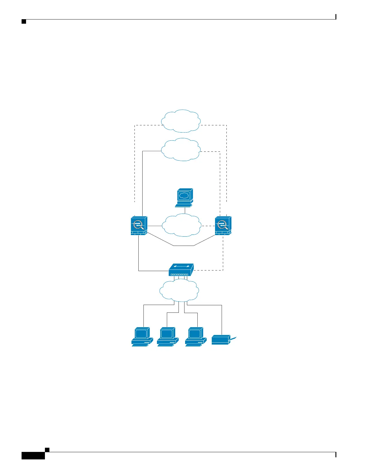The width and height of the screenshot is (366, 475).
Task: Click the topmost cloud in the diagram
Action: pos(181,121)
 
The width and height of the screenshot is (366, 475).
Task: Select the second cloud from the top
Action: pos(181,149)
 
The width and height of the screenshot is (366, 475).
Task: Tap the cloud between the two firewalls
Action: pos(181,225)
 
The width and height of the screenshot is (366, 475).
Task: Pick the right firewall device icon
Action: pos(223,226)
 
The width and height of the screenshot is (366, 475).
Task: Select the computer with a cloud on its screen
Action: pos(184,198)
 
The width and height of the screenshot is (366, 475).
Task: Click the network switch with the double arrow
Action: pos(181,270)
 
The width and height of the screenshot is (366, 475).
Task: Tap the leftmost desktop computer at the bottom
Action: pos(142,337)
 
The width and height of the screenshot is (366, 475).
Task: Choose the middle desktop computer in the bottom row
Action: pos(168,337)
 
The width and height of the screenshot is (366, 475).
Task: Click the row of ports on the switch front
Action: pos(179,274)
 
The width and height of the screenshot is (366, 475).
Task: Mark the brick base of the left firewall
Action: pos(138,233)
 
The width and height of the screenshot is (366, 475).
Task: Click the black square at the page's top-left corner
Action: pos(24,22)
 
